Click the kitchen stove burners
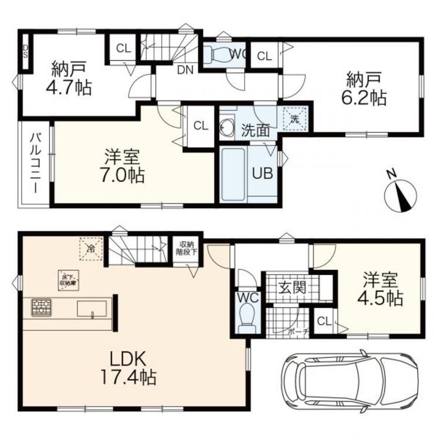41,307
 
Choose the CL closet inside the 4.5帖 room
324,321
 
